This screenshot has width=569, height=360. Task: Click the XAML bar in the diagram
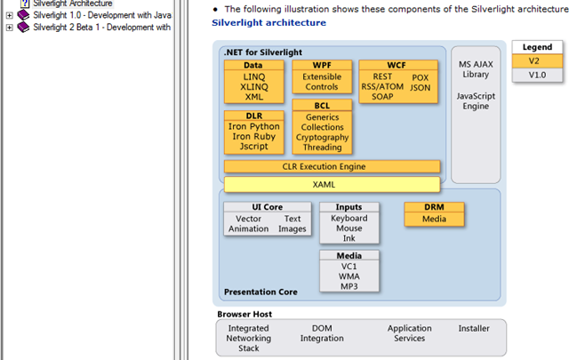click(x=332, y=184)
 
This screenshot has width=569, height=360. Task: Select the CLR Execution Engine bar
click(x=332, y=166)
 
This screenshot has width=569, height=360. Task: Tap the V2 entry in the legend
click(x=533, y=60)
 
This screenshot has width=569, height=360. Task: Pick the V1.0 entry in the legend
click(x=537, y=75)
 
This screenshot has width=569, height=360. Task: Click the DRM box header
click(x=434, y=207)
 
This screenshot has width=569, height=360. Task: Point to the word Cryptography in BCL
click(x=322, y=138)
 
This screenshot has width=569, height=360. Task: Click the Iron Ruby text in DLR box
click(x=254, y=137)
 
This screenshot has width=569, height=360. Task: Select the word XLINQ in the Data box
click(x=253, y=87)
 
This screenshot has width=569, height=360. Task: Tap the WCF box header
click(x=398, y=65)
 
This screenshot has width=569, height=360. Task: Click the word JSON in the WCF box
click(x=420, y=88)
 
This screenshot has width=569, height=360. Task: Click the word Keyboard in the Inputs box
click(x=349, y=218)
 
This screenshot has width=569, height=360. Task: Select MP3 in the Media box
click(x=349, y=287)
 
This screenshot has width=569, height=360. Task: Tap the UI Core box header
click(x=267, y=207)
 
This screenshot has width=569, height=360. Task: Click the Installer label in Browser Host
click(x=473, y=328)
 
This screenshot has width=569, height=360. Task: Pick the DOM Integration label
click(x=322, y=333)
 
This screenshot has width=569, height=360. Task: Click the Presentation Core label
click(x=260, y=292)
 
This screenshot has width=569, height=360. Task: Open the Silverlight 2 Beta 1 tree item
click(x=101, y=28)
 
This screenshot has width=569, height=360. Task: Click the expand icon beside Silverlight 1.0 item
click(x=10, y=15)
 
